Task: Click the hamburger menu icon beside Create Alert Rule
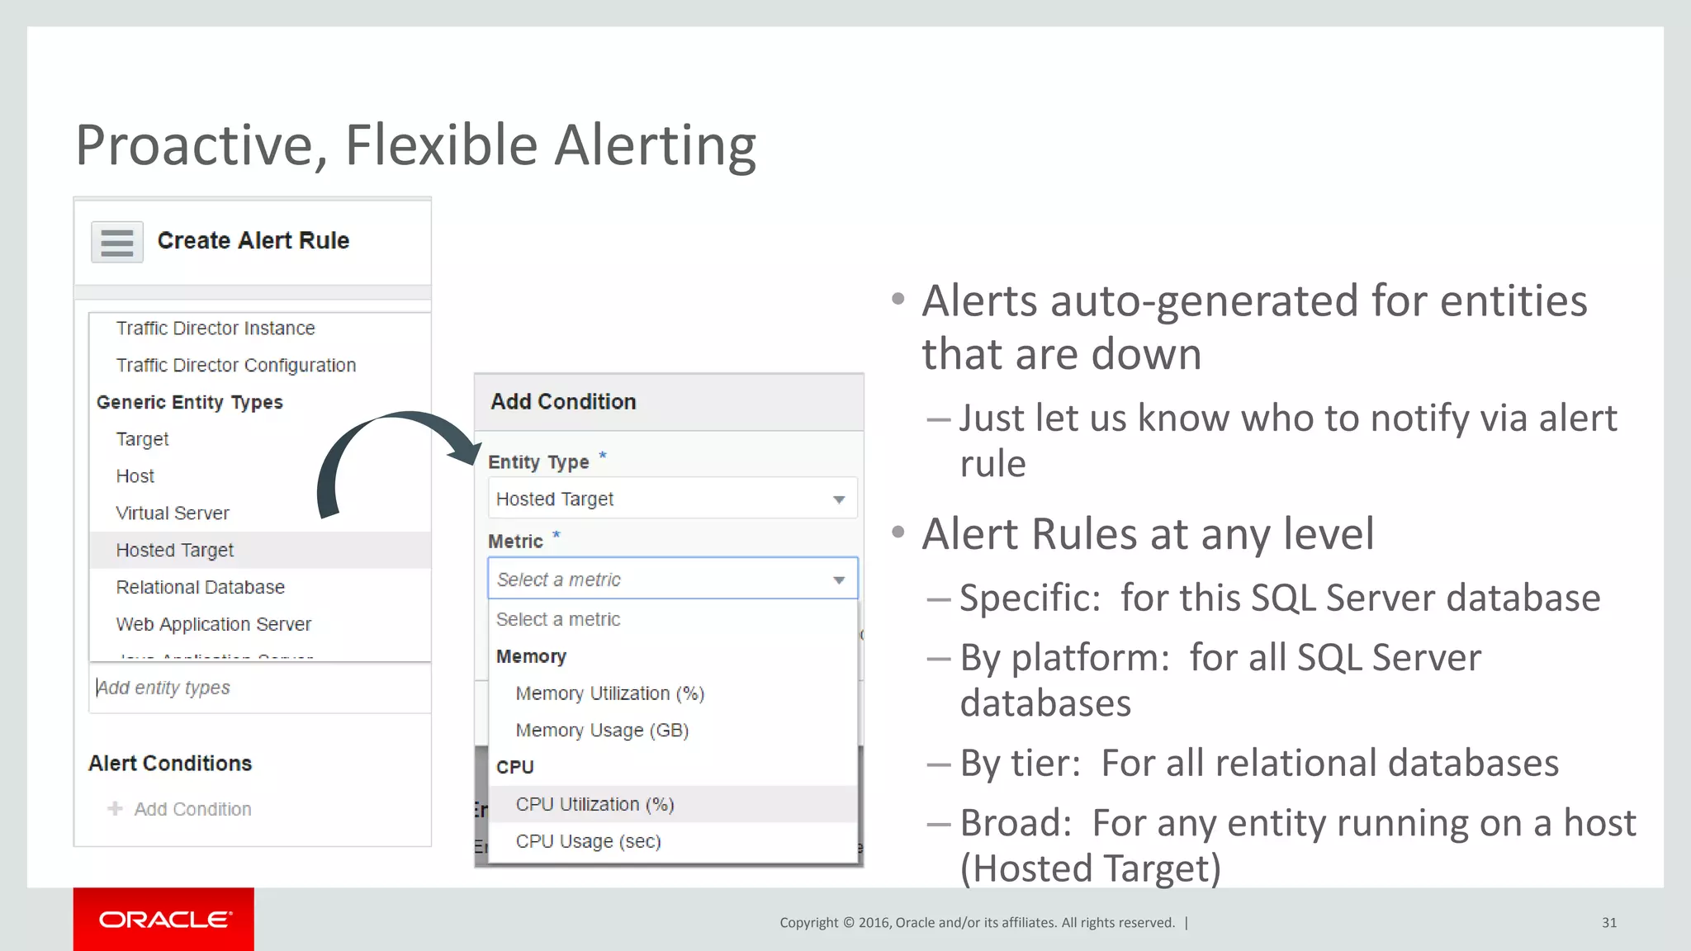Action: pyautogui.click(x=117, y=242)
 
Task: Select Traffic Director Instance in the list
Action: pyautogui.click(x=216, y=329)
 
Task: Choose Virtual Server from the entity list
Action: pyautogui.click(x=173, y=513)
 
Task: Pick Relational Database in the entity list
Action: pyautogui.click(x=201, y=588)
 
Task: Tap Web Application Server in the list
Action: pyautogui.click(x=214, y=625)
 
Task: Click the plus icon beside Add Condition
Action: pyautogui.click(x=115, y=809)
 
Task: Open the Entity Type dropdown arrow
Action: pyautogui.click(x=839, y=499)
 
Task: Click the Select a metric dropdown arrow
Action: pyautogui.click(x=839, y=580)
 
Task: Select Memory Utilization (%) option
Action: pyautogui.click(x=609, y=693)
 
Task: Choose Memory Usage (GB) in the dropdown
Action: pyautogui.click(x=602, y=731)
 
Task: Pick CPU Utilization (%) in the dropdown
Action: pyautogui.click(x=594, y=805)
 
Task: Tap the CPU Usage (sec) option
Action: pyautogui.click(x=588, y=842)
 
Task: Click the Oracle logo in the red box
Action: pyautogui.click(x=164, y=920)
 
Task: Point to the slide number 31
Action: pyautogui.click(x=1609, y=923)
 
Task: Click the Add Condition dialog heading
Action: pyautogui.click(x=563, y=402)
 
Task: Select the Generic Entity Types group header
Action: pyautogui.click(x=190, y=403)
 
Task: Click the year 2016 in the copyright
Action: pyautogui.click(x=874, y=923)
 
